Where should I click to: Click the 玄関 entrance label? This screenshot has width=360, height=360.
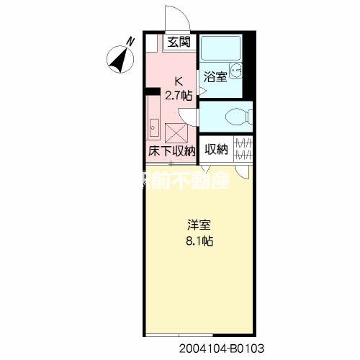179,42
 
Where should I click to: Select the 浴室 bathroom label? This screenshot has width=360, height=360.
215,76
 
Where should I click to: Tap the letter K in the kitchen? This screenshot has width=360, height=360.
178,81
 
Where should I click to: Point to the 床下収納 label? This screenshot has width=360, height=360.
172,151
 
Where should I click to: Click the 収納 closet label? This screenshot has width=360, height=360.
216,150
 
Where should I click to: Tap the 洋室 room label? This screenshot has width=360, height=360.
199,224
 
